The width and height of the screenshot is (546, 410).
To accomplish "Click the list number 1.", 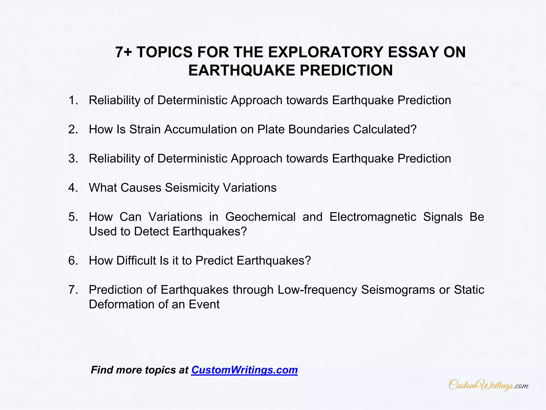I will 73,100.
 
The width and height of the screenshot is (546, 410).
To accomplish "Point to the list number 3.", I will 73,159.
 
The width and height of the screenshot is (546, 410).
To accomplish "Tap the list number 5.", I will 73,217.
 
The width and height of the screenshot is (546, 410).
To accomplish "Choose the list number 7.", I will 73,290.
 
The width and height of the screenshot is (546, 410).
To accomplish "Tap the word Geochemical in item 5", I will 260,217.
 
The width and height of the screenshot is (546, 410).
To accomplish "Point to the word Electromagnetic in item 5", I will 373,217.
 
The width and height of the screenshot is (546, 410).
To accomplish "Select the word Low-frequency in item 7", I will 317,290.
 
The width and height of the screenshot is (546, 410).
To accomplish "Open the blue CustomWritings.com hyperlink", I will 244,370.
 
